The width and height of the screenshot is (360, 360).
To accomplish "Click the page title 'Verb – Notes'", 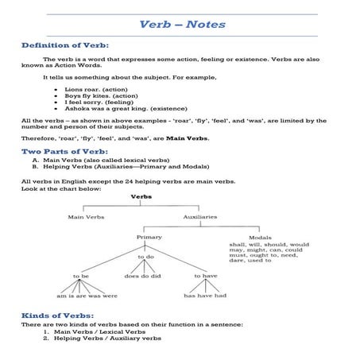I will point(182,25).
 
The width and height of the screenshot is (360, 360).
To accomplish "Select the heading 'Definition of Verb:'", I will point(65,46).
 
